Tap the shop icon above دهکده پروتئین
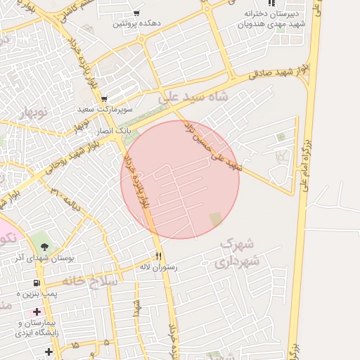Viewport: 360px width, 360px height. tap(136, 13)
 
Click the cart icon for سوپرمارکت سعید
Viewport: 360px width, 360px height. tap(104, 99)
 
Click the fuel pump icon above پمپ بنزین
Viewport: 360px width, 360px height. tap(36, 283)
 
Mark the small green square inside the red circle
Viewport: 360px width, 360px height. tap(215, 219)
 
